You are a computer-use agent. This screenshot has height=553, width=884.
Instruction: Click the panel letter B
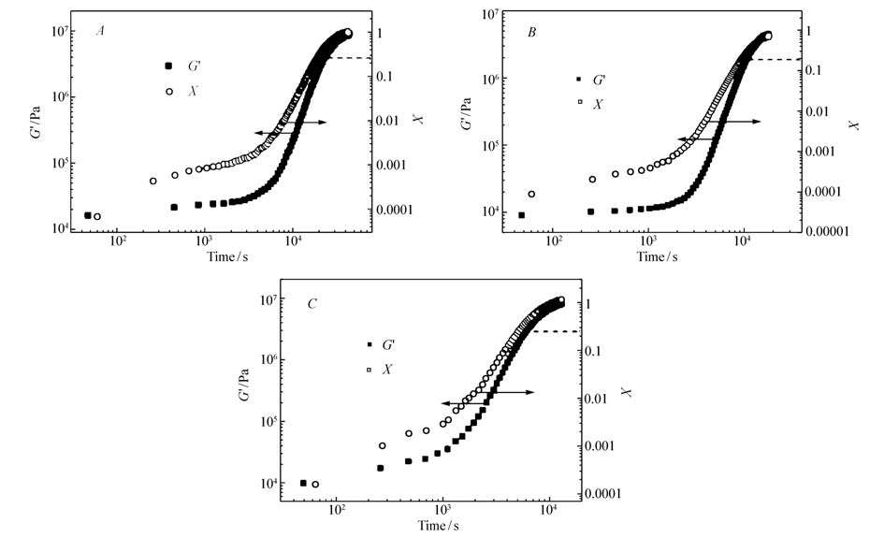(532, 33)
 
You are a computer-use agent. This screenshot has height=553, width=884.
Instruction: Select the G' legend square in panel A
(169, 65)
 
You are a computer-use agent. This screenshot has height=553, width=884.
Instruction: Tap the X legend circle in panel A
(169, 91)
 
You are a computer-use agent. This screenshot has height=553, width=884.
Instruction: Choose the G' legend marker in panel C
(370, 344)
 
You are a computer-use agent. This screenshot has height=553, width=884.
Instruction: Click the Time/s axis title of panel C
(440, 525)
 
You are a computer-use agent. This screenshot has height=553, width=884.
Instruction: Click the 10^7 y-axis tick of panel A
(53, 31)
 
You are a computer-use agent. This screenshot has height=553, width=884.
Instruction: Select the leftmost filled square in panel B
(521, 215)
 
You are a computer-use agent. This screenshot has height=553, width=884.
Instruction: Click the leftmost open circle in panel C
(315, 484)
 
